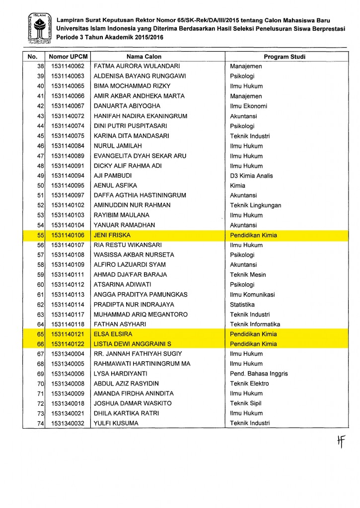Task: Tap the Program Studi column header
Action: click(x=284, y=57)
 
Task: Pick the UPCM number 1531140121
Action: click(x=68, y=334)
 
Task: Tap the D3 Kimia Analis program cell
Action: click(x=251, y=176)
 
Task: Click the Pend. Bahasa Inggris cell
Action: click(x=259, y=374)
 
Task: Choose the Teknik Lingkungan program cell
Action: click(x=255, y=205)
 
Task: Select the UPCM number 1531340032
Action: click(x=68, y=423)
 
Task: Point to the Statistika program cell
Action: click(x=242, y=305)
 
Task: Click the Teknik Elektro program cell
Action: click(x=249, y=383)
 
